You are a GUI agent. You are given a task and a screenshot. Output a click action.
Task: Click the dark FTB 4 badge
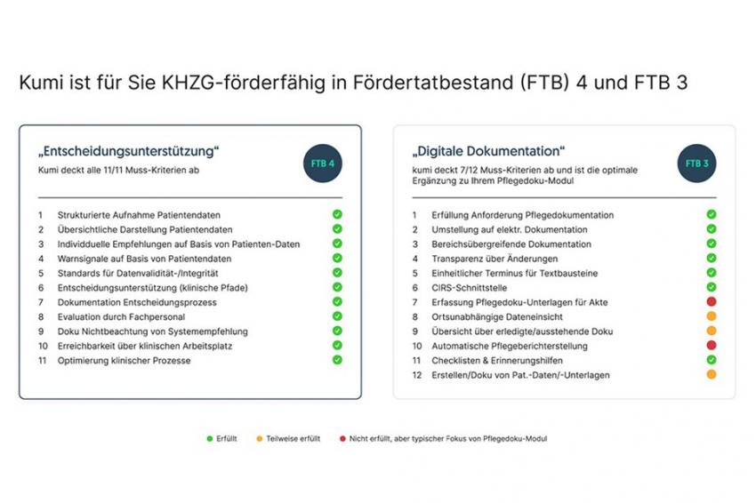pos(323,164)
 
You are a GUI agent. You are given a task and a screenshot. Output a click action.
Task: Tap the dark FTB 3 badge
pos(696,164)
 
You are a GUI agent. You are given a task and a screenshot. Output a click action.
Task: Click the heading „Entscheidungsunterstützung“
pos(129,151)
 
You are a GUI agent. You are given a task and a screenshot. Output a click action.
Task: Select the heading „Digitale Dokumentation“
pos(488,151)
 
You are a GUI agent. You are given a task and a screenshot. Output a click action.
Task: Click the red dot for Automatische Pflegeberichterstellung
pos(712,345)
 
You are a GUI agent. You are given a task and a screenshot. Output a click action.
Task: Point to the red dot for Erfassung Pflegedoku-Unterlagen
pos(712,301)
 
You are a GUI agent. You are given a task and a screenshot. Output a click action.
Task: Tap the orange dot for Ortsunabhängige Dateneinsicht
pos(712,316)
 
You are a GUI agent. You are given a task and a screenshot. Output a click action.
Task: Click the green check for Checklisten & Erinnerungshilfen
pos(712,359)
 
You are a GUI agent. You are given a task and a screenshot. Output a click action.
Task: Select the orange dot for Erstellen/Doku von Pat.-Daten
pos(712,374)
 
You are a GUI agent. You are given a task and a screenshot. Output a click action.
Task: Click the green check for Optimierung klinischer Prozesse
pos(337,359)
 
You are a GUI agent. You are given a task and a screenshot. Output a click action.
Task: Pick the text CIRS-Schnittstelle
pos(469,288)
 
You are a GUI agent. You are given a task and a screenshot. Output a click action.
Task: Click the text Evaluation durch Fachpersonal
pos(121,317)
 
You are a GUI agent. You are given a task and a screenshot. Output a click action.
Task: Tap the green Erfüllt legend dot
pos(209,438)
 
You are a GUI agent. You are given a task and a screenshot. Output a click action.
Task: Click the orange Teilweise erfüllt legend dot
pos(260,438)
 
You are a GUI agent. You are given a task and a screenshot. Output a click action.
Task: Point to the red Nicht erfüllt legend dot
pos(342,438)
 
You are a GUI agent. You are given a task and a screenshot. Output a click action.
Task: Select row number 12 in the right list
pos(417,375)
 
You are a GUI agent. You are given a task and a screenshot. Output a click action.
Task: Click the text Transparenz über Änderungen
pos(495,259)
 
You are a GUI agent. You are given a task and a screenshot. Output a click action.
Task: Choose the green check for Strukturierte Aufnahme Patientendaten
pos(337,214)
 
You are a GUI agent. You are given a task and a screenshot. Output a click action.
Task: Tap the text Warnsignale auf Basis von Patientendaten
pos(144,259)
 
